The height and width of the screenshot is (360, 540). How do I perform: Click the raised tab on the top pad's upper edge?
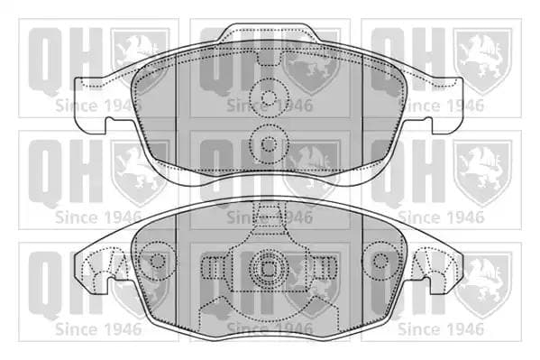pos(269,32)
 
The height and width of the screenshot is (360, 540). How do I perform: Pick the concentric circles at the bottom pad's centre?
pos(269,268)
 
